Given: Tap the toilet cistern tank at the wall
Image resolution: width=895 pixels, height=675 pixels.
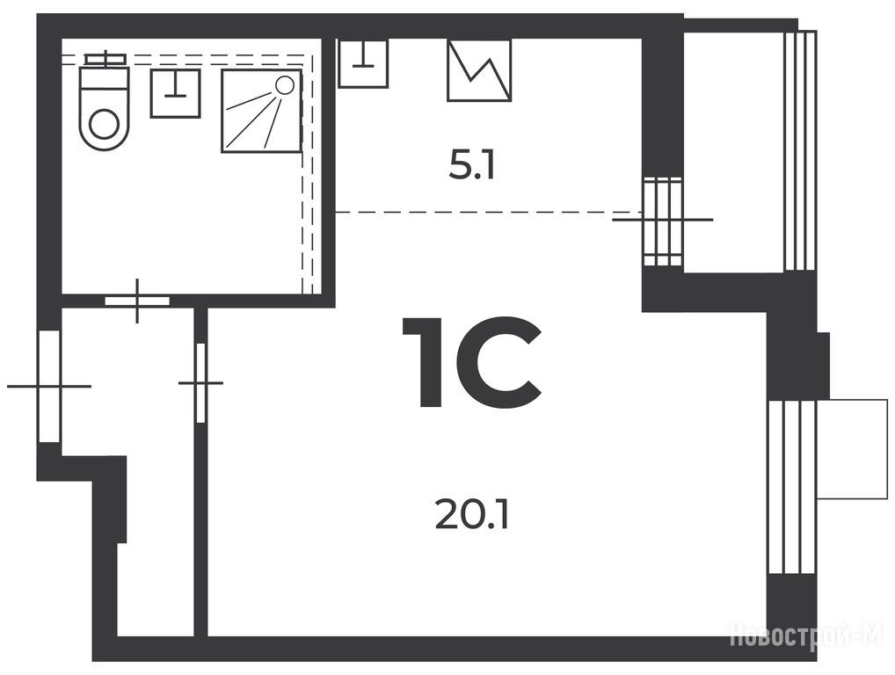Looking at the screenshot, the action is [105, 60].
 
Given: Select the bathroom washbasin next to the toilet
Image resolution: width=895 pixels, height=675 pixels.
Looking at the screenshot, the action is [175, 93].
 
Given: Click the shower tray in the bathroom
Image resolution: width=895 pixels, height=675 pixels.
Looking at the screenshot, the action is [261, 112].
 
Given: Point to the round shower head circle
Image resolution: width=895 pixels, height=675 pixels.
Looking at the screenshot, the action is [284, 85].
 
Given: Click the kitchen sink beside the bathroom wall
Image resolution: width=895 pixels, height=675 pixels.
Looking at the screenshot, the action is [363, 62].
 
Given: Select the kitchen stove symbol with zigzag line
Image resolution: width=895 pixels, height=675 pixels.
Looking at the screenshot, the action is [479, 69].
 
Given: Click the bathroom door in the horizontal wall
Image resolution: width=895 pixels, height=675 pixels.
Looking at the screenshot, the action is [137, 301].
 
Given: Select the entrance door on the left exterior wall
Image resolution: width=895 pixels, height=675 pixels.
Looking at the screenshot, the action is [48, 387].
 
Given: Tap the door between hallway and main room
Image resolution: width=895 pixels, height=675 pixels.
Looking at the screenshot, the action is [200, 383].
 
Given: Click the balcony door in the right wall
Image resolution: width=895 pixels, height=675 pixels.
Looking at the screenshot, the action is [663, 221].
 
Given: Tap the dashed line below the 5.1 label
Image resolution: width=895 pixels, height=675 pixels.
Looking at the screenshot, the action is [488, 213].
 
